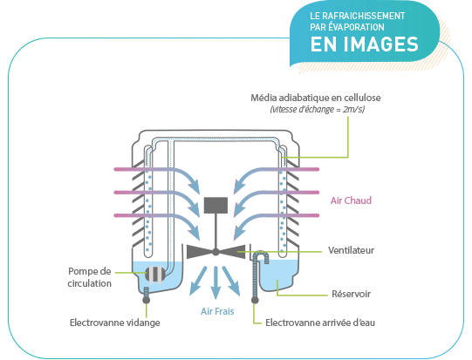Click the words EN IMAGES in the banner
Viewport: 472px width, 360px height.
pyautogui.click(x=364, y=44)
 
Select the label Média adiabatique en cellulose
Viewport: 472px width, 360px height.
pyautogui.click(x=316, y=98)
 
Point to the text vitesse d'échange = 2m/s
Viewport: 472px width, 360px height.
pyautogui.click(x=318, y=109)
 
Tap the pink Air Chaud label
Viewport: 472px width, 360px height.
pyautogui.click(x=351, y=200)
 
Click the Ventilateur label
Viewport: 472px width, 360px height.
pyautogui.click(x=351, y=250)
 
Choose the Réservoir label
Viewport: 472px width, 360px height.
pyautogui.click(x=351, y=294)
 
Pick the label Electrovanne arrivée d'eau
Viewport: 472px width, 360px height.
pyautogui.click(x=320, y=323)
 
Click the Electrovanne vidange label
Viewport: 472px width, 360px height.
pyautogui.click(x=114, y=323)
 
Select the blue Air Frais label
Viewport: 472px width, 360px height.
pyautogui.click(x=217, y=311)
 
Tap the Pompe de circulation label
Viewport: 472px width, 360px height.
pyautogui.click(x=89, y=277)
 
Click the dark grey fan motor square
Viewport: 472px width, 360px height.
pyautogui.click(x=215, y=206)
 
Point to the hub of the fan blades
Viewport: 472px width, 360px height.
pyautogui.click(x=215, y=252)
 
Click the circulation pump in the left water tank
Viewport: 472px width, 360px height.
pyautogui.click(x=155, y=275)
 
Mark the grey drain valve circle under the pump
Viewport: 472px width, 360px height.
pyautogui.click(x=147, y=300)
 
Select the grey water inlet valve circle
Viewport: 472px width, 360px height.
pyautogui.click(x=255, y=300)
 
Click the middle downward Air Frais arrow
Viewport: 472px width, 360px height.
pyautogui.click(x=215, y=282)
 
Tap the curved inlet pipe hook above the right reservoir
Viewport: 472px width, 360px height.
pyautogui.click(x=261, y=255)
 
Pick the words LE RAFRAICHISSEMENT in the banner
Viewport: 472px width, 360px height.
pyautogui.click(x=358, y=16)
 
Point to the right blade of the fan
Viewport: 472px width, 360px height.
pyautogui.click(x=232, y=252)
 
